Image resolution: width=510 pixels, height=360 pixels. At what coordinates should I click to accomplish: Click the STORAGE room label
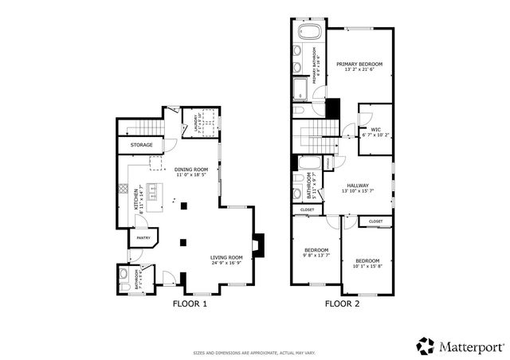pyautogui.click(x=142, y=145)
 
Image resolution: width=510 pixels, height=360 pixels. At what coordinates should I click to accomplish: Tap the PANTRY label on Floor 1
pyautogui.click(x=143, y=237)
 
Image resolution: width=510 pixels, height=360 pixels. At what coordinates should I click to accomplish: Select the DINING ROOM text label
pyautogui.click(x=191, y=169)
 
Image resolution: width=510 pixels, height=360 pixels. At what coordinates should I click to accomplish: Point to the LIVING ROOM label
pyautogui.click(x=226, y=257)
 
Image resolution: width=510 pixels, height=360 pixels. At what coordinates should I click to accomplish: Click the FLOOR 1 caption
pyautogui.click(x=190, y=303)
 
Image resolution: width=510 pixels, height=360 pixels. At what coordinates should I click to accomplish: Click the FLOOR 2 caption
pyautogui.click(x=342, y=303)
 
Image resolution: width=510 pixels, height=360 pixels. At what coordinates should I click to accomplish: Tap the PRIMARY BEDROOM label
pyautogui.click(x=359, y=64)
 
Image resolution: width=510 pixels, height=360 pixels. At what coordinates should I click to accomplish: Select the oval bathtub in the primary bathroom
pyautogui.click(x=308, y=33)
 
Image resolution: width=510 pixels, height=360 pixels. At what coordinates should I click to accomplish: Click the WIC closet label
pyautogui.click(x=375, y=129)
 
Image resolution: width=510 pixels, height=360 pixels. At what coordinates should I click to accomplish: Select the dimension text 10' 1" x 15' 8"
pyautogui.click(x=367, y=267)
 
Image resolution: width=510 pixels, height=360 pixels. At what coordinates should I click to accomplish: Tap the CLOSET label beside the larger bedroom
pyautogui.click(x=375, y=221)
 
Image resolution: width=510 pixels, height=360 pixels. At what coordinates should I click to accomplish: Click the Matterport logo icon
pyautogui.click(x=426, y=346)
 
